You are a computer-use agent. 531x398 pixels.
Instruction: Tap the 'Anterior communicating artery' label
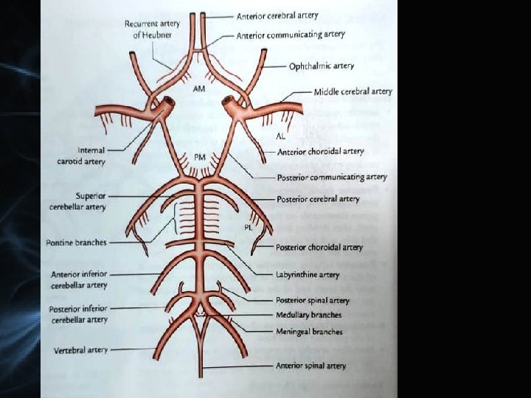click(x=291, y=35)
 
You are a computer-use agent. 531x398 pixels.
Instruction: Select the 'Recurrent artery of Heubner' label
click(x=152, y=29)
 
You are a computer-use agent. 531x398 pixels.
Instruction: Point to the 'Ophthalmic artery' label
click(x=321, y=66)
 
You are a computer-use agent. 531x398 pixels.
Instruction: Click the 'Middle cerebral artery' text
click(x=353, y=92)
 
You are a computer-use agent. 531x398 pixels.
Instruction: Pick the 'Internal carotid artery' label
click(x=82, y=156)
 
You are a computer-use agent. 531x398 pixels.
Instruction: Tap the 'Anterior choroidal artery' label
click(x=320, y=151)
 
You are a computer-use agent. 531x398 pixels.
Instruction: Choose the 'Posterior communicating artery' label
click(x=331, y=177)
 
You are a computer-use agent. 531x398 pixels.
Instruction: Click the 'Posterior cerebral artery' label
click(x=318, y=199)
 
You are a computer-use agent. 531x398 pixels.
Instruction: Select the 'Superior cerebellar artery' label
click(x=79, y=201)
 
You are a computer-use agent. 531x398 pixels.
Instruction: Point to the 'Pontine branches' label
click(x=76, y=242)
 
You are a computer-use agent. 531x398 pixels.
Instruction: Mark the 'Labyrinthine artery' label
click(x=308, y=274)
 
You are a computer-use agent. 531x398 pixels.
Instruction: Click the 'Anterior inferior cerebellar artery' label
click(x=79, y=279)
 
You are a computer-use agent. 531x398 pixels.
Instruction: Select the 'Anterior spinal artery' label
click(x=310, y=366)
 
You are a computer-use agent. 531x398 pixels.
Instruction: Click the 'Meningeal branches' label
click(x=309, y=332)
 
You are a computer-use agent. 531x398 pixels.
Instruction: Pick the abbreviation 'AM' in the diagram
click(x=198, y=89)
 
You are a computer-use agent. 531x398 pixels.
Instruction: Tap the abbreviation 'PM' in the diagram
click(x=200, y=157)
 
